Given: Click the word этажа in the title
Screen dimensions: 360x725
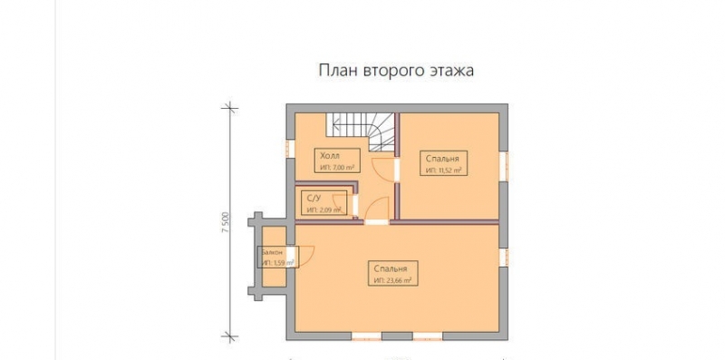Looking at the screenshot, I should pos(450,70).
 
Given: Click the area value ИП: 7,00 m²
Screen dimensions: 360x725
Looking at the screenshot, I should pos(335,168).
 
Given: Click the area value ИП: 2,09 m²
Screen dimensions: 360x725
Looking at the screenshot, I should pos(324,209).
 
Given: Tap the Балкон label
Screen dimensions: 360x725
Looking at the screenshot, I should pos(272,252).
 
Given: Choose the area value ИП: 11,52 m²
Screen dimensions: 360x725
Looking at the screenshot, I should pos(444,169).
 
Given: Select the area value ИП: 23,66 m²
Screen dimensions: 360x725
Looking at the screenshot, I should pos(392,281).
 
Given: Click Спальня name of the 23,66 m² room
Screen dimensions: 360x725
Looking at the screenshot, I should pos(392,269).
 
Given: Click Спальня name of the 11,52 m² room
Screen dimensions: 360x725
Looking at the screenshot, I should pos(444,157).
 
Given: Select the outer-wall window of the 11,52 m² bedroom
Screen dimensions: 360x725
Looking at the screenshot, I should pos(505,164).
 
